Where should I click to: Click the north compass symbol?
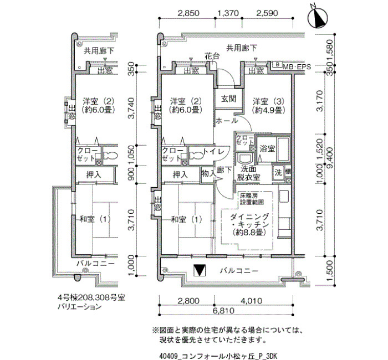click(318, 17)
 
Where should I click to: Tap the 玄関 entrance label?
click(228, 99)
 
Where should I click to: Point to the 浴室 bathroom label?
click(267, 148)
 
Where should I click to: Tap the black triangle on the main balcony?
click(200, 270)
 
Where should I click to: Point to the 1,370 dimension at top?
click(228, 13)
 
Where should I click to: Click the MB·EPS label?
click(297, 66)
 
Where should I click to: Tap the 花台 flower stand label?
click(212, 56)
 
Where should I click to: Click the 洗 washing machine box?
click(278, 172)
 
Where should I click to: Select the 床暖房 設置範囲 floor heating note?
click(252, 198)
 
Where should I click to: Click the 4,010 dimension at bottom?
click(252, 301)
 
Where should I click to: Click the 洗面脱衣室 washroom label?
click(248, 173)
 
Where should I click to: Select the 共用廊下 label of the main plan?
click(242, 48)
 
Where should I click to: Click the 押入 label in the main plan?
click(180, 175)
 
